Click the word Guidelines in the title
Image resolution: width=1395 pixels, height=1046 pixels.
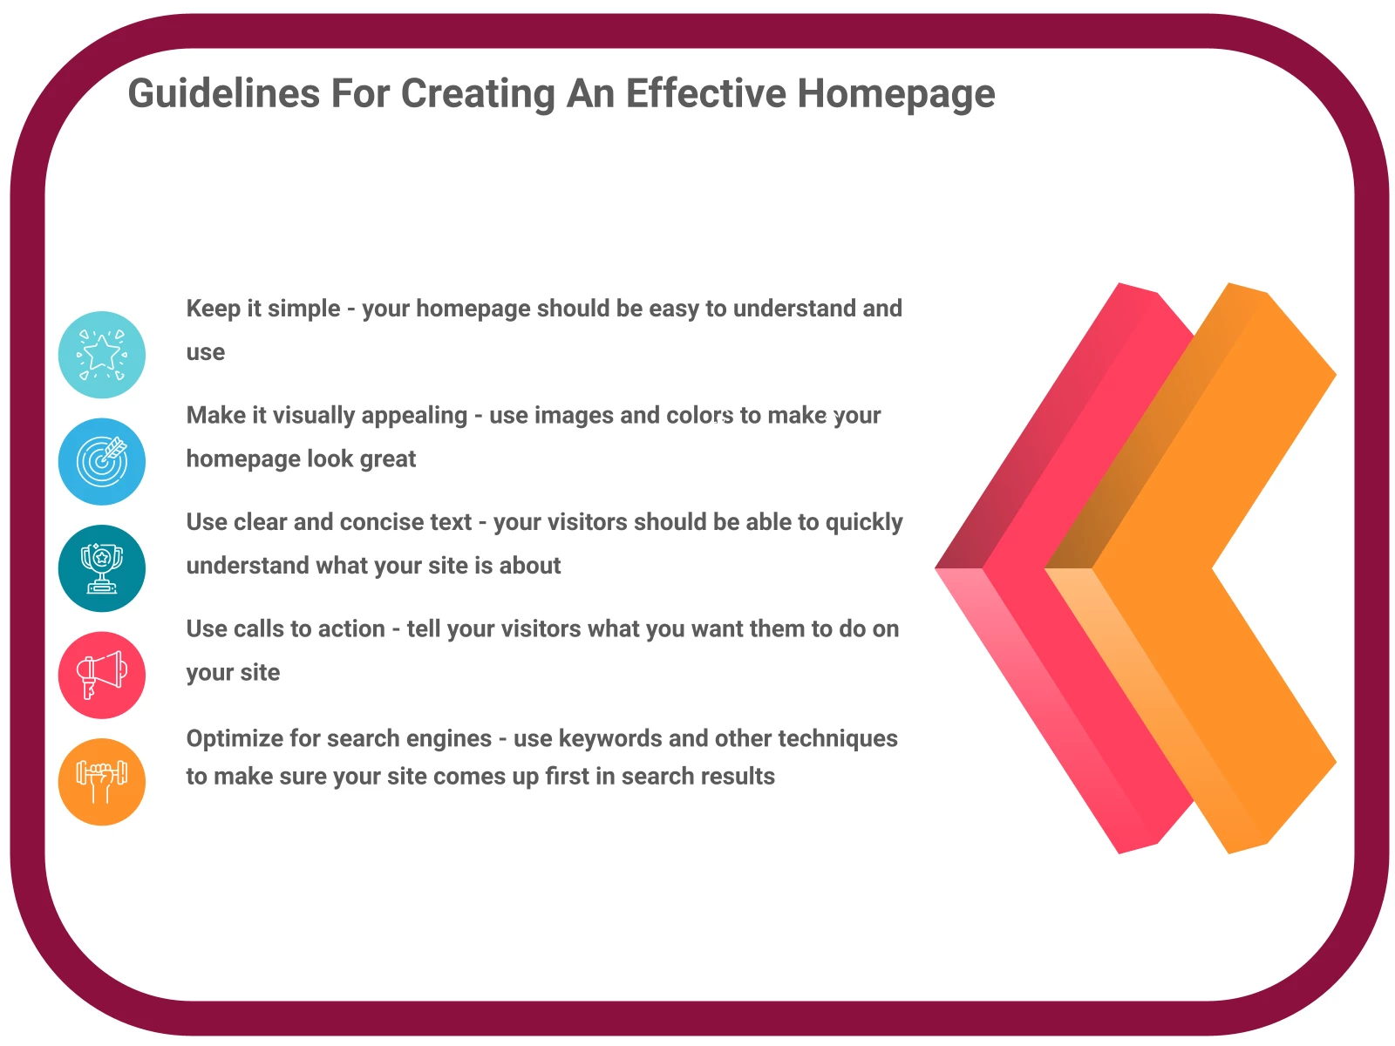point(224,94)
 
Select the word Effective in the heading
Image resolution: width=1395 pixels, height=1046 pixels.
point(705,92)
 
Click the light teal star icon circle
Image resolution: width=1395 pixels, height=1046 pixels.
point(102,355)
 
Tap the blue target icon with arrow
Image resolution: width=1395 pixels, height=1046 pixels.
point(102,461)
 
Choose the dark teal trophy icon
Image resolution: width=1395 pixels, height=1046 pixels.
point(102,567)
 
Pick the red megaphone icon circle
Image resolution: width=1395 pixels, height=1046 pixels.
point(102,675)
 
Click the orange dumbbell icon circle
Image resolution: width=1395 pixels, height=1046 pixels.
point(102,781)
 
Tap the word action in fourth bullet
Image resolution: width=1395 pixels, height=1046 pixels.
point(351,628)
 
